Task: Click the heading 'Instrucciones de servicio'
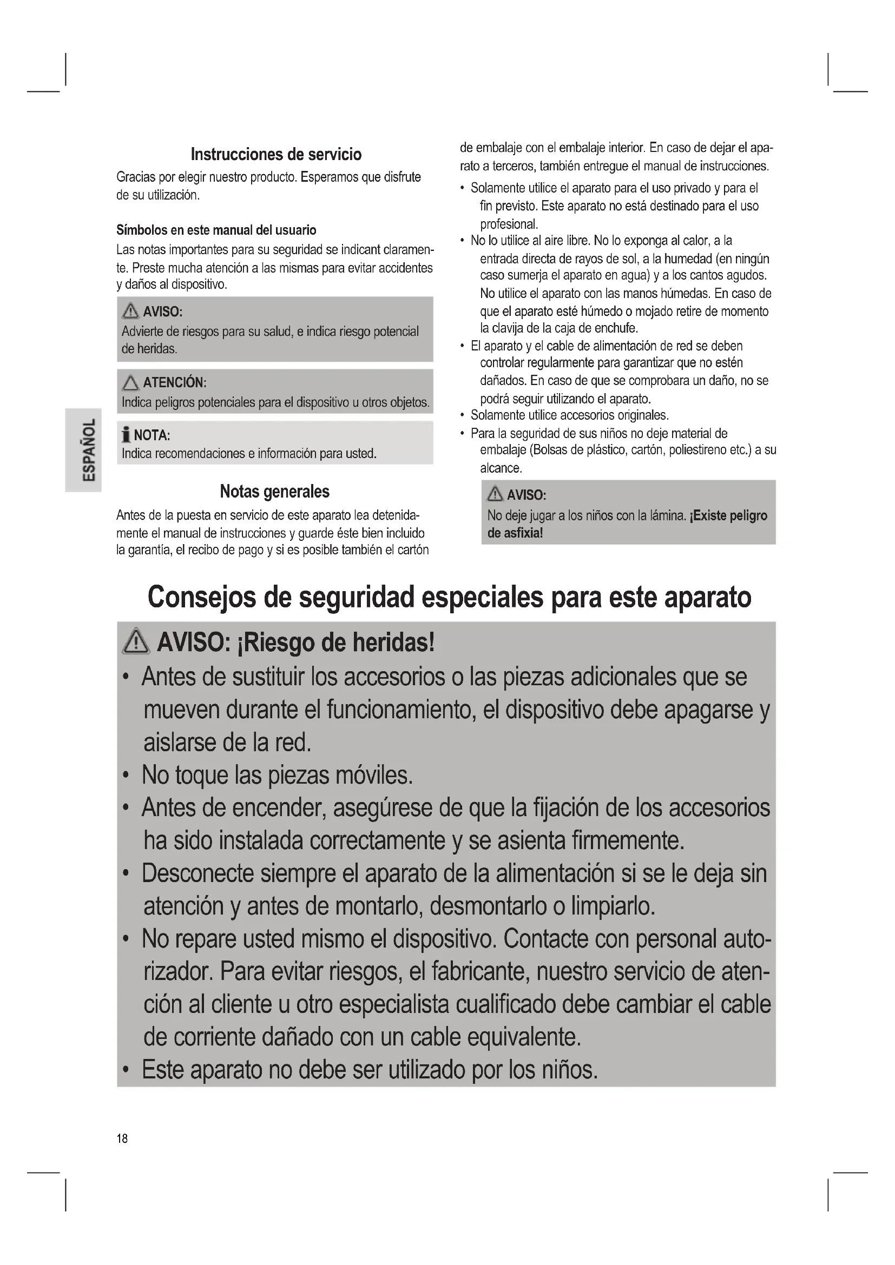click(276, 154)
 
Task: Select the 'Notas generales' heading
click(274, 492)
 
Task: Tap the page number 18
click(122, 1138)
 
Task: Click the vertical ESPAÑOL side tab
click(83, 449)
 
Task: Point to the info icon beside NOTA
click(126, 435)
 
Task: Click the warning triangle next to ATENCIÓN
click(130, 382)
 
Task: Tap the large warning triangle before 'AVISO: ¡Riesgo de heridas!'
click(136, 643)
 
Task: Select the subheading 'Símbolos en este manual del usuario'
click(216, 230)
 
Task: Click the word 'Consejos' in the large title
click(202, 598)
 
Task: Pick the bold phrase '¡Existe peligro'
click(728, 516)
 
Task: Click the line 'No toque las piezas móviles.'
click(277, 775)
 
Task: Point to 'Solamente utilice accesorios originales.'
click(569, 415)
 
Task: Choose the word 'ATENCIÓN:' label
click(175, 382)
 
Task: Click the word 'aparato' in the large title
click(707, 598)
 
